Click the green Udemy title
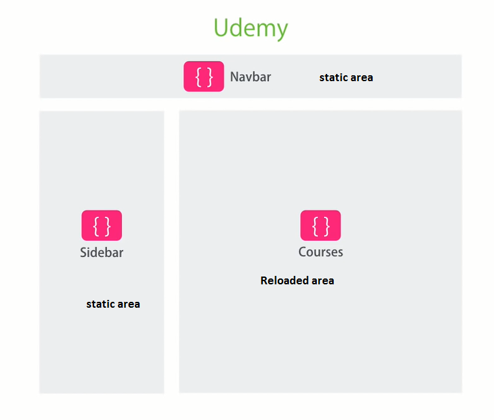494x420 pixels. coord(251,28)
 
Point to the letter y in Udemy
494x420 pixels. coord(281,31)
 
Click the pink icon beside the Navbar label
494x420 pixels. coord(204,77)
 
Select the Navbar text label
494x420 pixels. coord(251,77)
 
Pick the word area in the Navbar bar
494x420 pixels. coord(361,78)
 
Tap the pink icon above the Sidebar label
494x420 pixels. coord(101,225)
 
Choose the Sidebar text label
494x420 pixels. coord(102,253)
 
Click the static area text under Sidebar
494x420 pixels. coord(113,304)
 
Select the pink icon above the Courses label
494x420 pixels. coord(320,225)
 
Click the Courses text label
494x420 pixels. coord(321,252)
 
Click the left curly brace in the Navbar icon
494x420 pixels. coord(199,77)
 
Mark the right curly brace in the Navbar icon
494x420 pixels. coord(210,77)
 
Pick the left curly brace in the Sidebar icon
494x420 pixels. coord(96,225)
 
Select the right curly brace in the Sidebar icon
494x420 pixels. coord(107,225)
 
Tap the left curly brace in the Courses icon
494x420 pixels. coord(315,225)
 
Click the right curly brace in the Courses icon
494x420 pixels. coord(326,225)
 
